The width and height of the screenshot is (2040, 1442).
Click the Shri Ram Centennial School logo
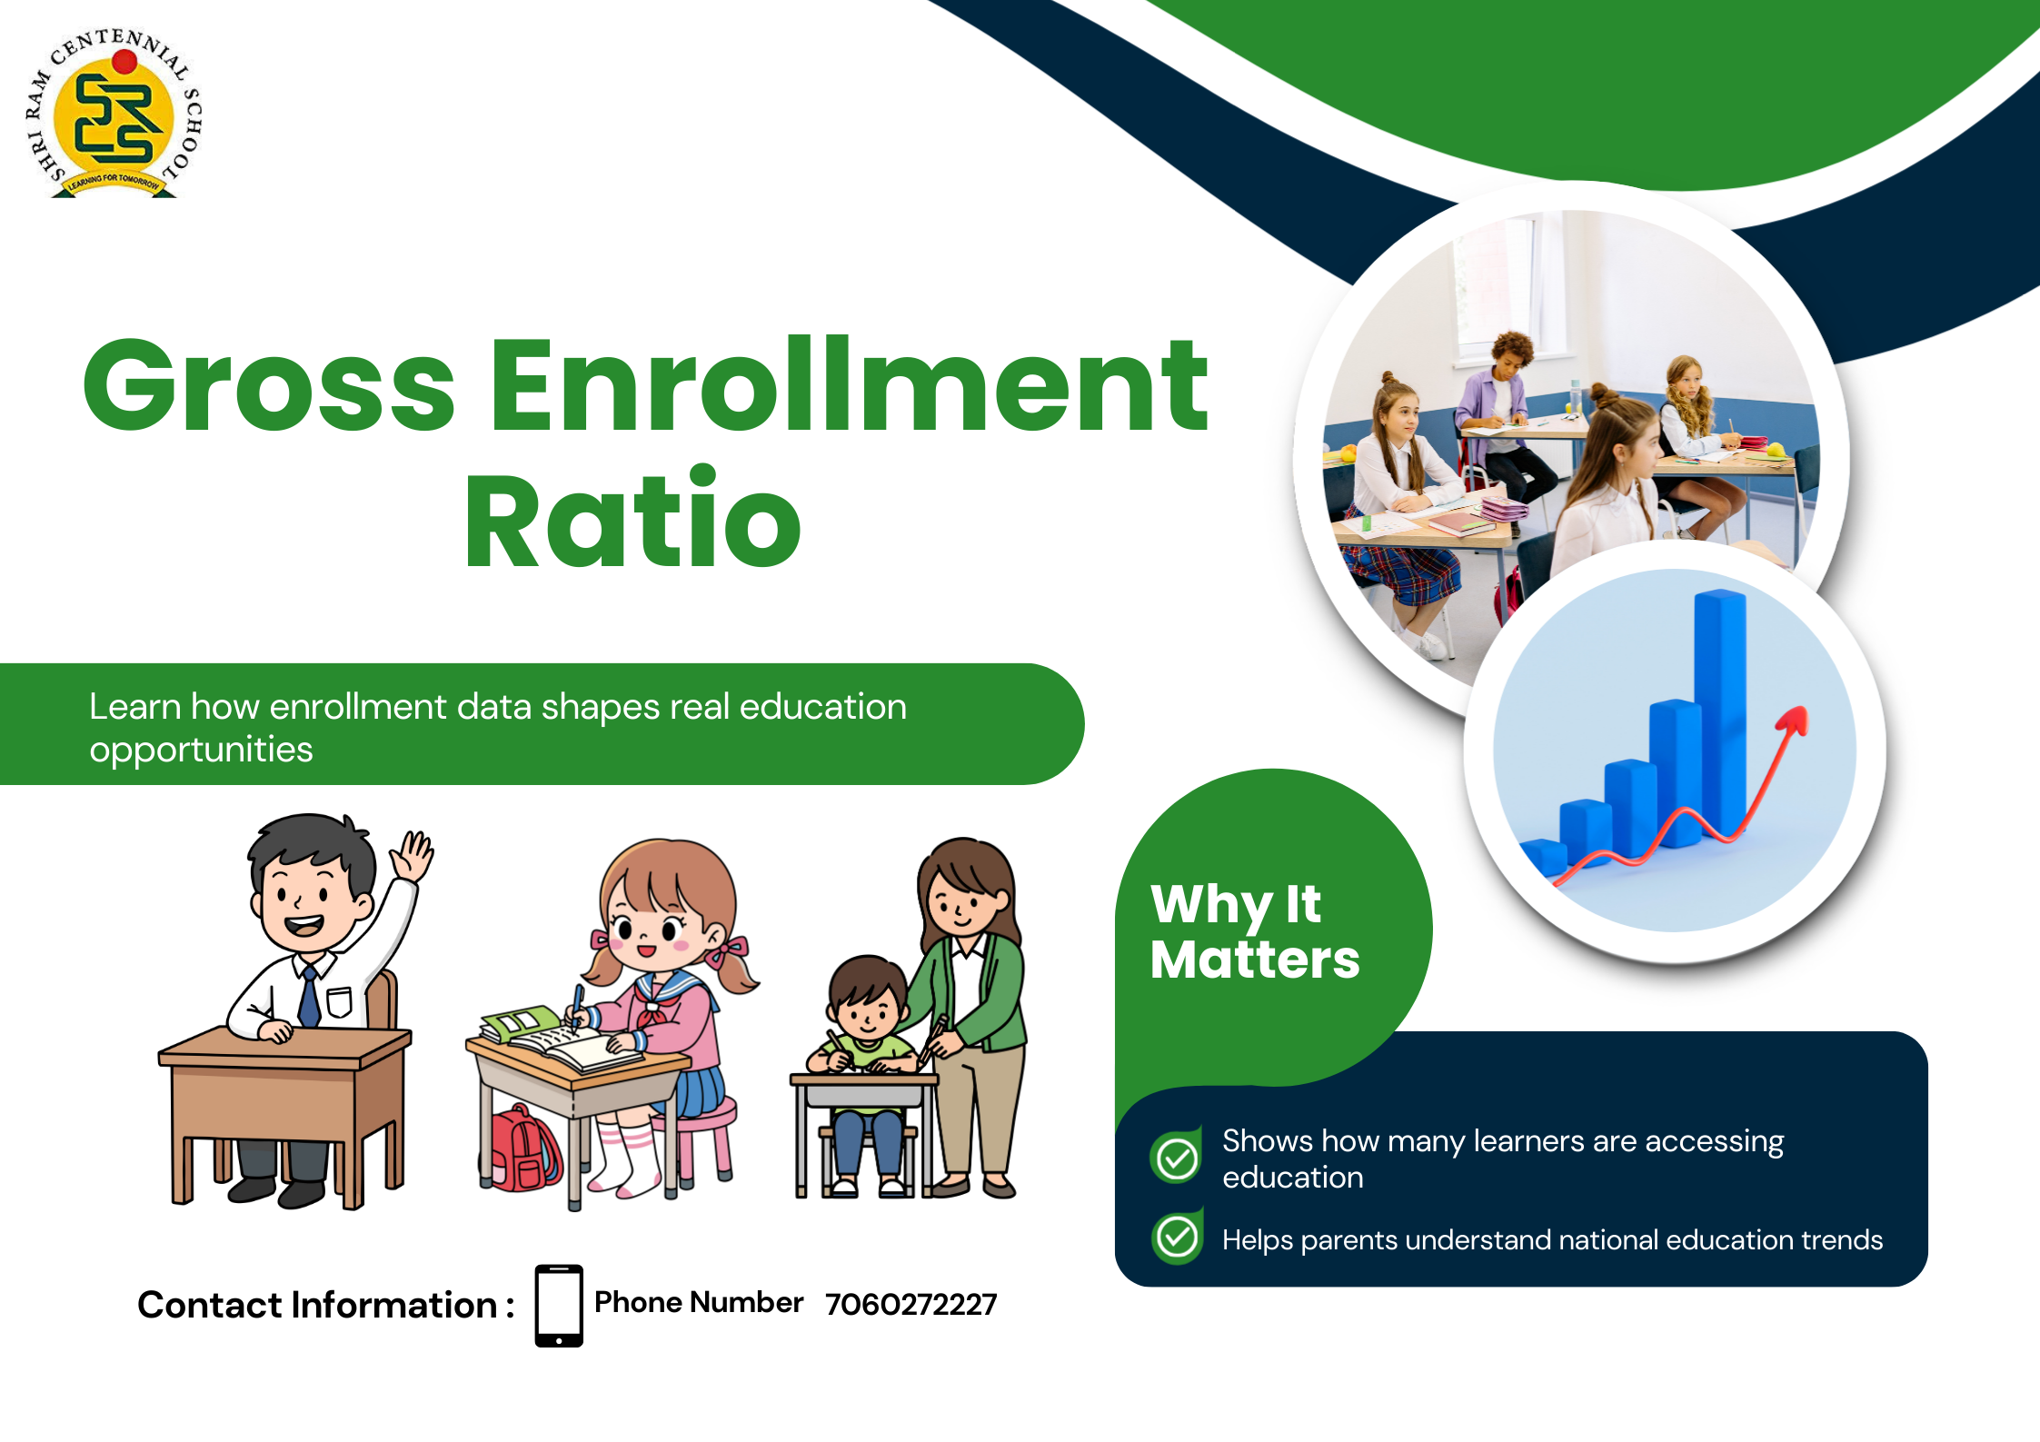114,114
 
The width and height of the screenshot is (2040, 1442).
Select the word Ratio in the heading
632,520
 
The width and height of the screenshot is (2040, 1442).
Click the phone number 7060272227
911,1305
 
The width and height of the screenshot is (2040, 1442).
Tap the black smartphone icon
559,1305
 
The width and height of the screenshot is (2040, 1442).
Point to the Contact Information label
325,1305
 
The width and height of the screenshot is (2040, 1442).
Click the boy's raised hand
414,854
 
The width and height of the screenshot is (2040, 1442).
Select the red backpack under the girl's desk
520,1149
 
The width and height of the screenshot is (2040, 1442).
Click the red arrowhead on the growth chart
1794,721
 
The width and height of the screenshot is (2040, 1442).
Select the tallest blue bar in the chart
1720,709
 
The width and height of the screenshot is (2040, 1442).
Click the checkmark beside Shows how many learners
1178,1158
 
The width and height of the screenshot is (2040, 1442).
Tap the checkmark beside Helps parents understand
1178,1237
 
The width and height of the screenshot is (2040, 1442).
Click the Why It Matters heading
1254,931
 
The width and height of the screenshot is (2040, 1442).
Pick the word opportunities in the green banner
201,750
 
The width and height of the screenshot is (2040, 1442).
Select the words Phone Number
698,1302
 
